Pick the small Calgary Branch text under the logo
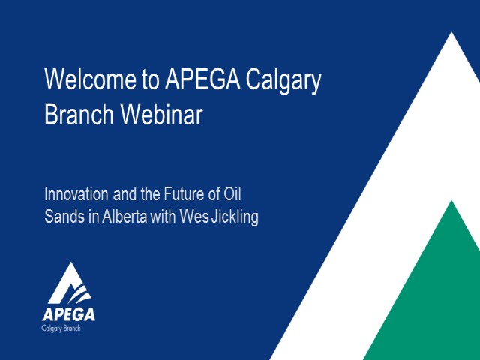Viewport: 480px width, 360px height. [63, 328]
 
